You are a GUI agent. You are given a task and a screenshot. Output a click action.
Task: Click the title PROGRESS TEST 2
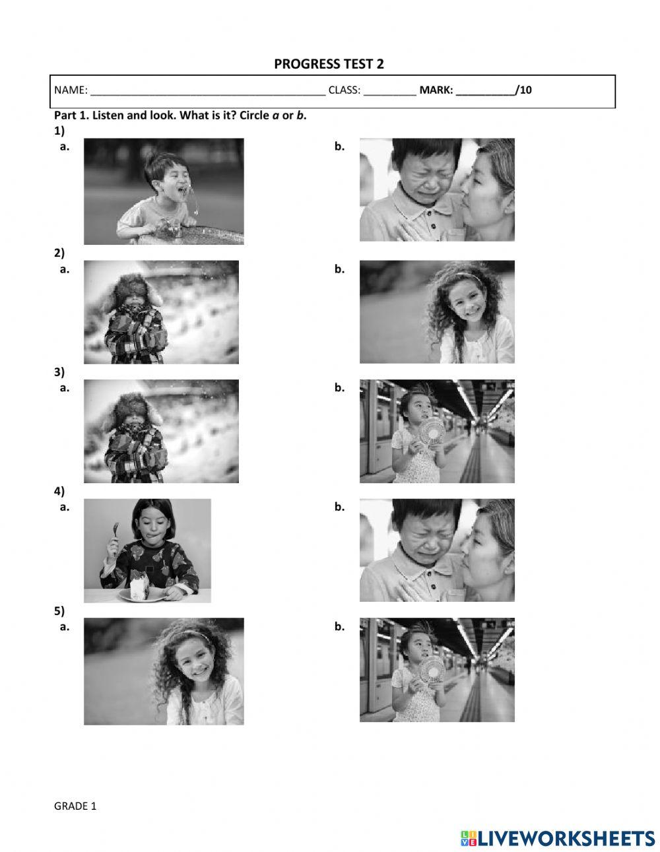click(x=329, y=64)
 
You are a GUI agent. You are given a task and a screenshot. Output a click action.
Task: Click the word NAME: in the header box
click(x=71, y=90)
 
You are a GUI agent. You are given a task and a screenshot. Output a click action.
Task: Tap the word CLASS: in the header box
click(x=344, y=90)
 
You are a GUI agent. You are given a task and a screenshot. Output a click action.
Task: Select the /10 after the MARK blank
click(x=523, y=90)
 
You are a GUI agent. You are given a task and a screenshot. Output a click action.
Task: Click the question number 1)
click(x=59, y=131)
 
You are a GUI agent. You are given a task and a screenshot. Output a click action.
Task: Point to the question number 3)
click(x=59, y=372)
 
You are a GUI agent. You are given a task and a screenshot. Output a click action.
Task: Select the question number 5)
click(x=59, y=611)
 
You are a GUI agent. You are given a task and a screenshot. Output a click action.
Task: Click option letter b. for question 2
click(x=339, y=269)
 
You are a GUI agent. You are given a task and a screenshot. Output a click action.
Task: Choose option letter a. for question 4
click(x=65, y=508)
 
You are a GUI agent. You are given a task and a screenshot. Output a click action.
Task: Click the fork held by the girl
click(x=116, y=532)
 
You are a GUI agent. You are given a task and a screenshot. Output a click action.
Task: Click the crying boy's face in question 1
click(x=426, y=172)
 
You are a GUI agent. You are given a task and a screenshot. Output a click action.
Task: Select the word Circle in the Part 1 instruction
click(x=255, y=115)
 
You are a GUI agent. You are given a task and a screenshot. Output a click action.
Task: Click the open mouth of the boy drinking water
click(x=183, y=191)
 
